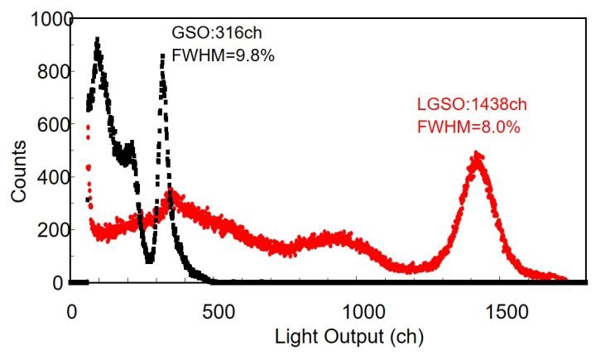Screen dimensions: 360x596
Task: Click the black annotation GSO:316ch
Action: (214, 34)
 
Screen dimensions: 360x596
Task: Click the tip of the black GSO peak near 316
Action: (162, 55)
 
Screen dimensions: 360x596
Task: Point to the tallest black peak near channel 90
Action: (98, 40)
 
